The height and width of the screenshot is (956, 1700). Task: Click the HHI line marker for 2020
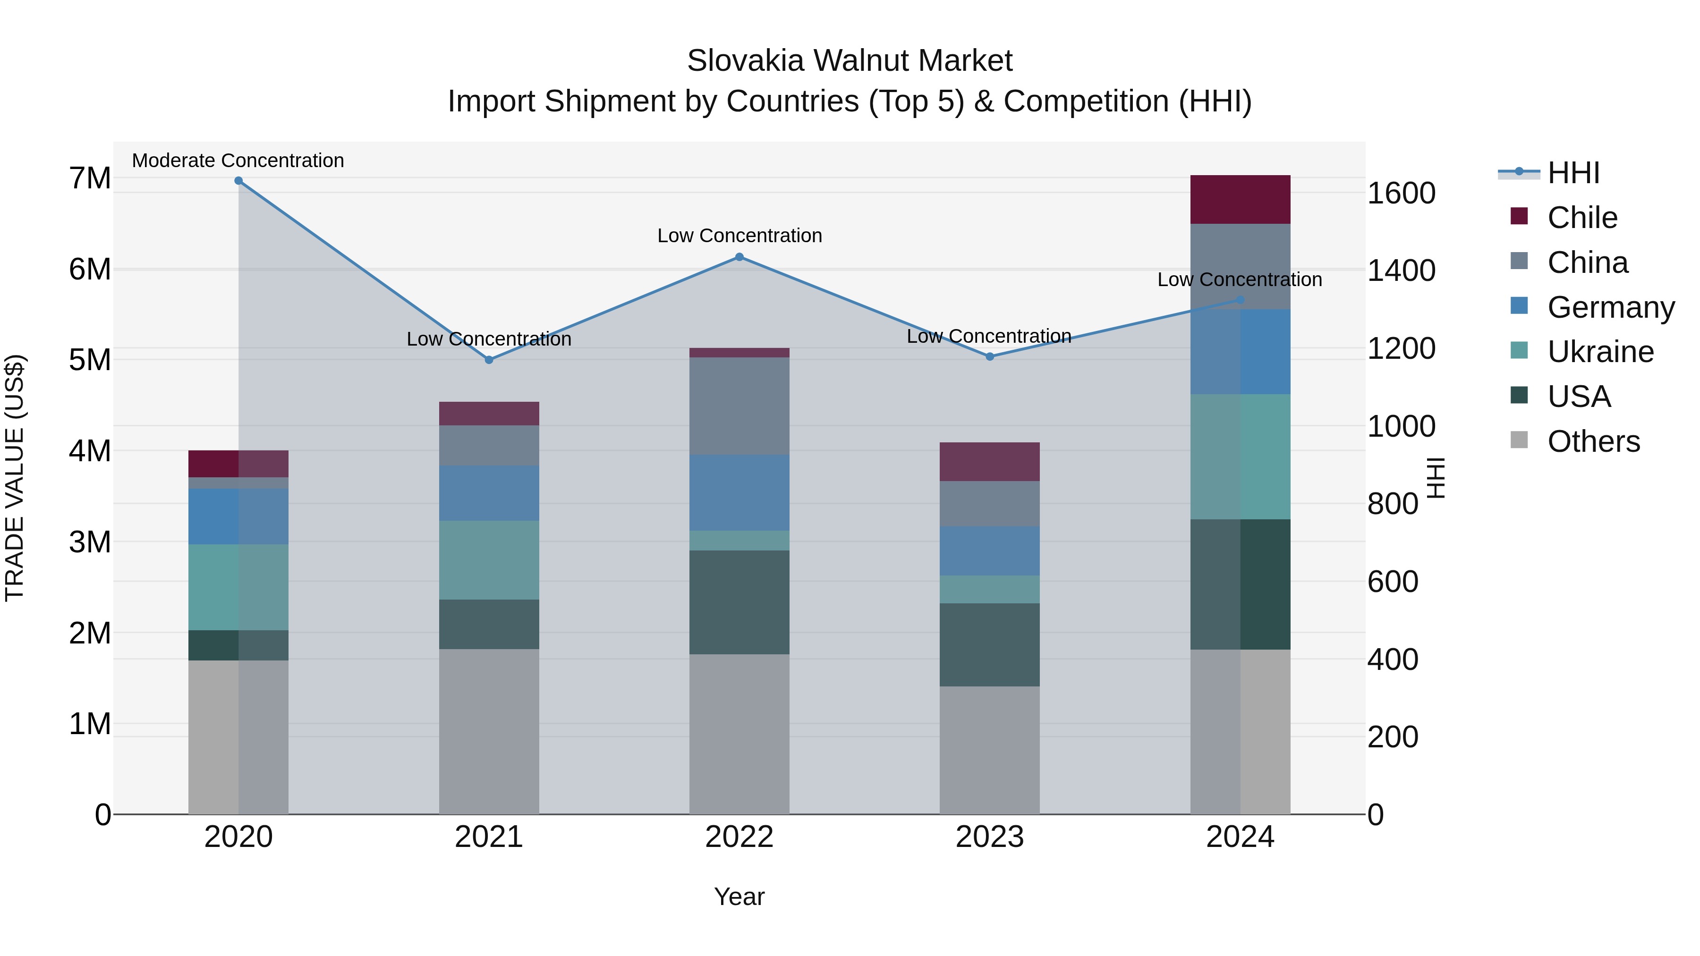point(238,181)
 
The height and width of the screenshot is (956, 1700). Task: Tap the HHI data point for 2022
point(739,257)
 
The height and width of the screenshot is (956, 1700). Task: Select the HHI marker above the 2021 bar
point(489,360)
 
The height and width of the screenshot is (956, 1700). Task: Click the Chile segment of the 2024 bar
point(1240,200)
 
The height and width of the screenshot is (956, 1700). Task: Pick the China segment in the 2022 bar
point(739,406)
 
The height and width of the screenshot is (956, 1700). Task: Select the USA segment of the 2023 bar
point(989,644)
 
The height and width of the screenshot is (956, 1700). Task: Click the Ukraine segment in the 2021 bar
point(489,560)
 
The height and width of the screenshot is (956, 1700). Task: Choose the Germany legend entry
point(1610,307)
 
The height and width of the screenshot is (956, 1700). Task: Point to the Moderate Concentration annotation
point(238,161)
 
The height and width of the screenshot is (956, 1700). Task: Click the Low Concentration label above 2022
point(739,236)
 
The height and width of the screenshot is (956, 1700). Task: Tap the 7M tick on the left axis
point(90,178)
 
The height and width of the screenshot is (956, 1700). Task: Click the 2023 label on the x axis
point(989,837)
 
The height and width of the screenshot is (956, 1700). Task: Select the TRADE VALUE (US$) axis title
point(15,478)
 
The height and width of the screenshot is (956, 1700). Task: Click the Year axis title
point(739,897)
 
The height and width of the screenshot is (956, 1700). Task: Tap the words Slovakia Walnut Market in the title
point(850,61)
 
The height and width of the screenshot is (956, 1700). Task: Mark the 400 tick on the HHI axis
point(1393,659)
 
